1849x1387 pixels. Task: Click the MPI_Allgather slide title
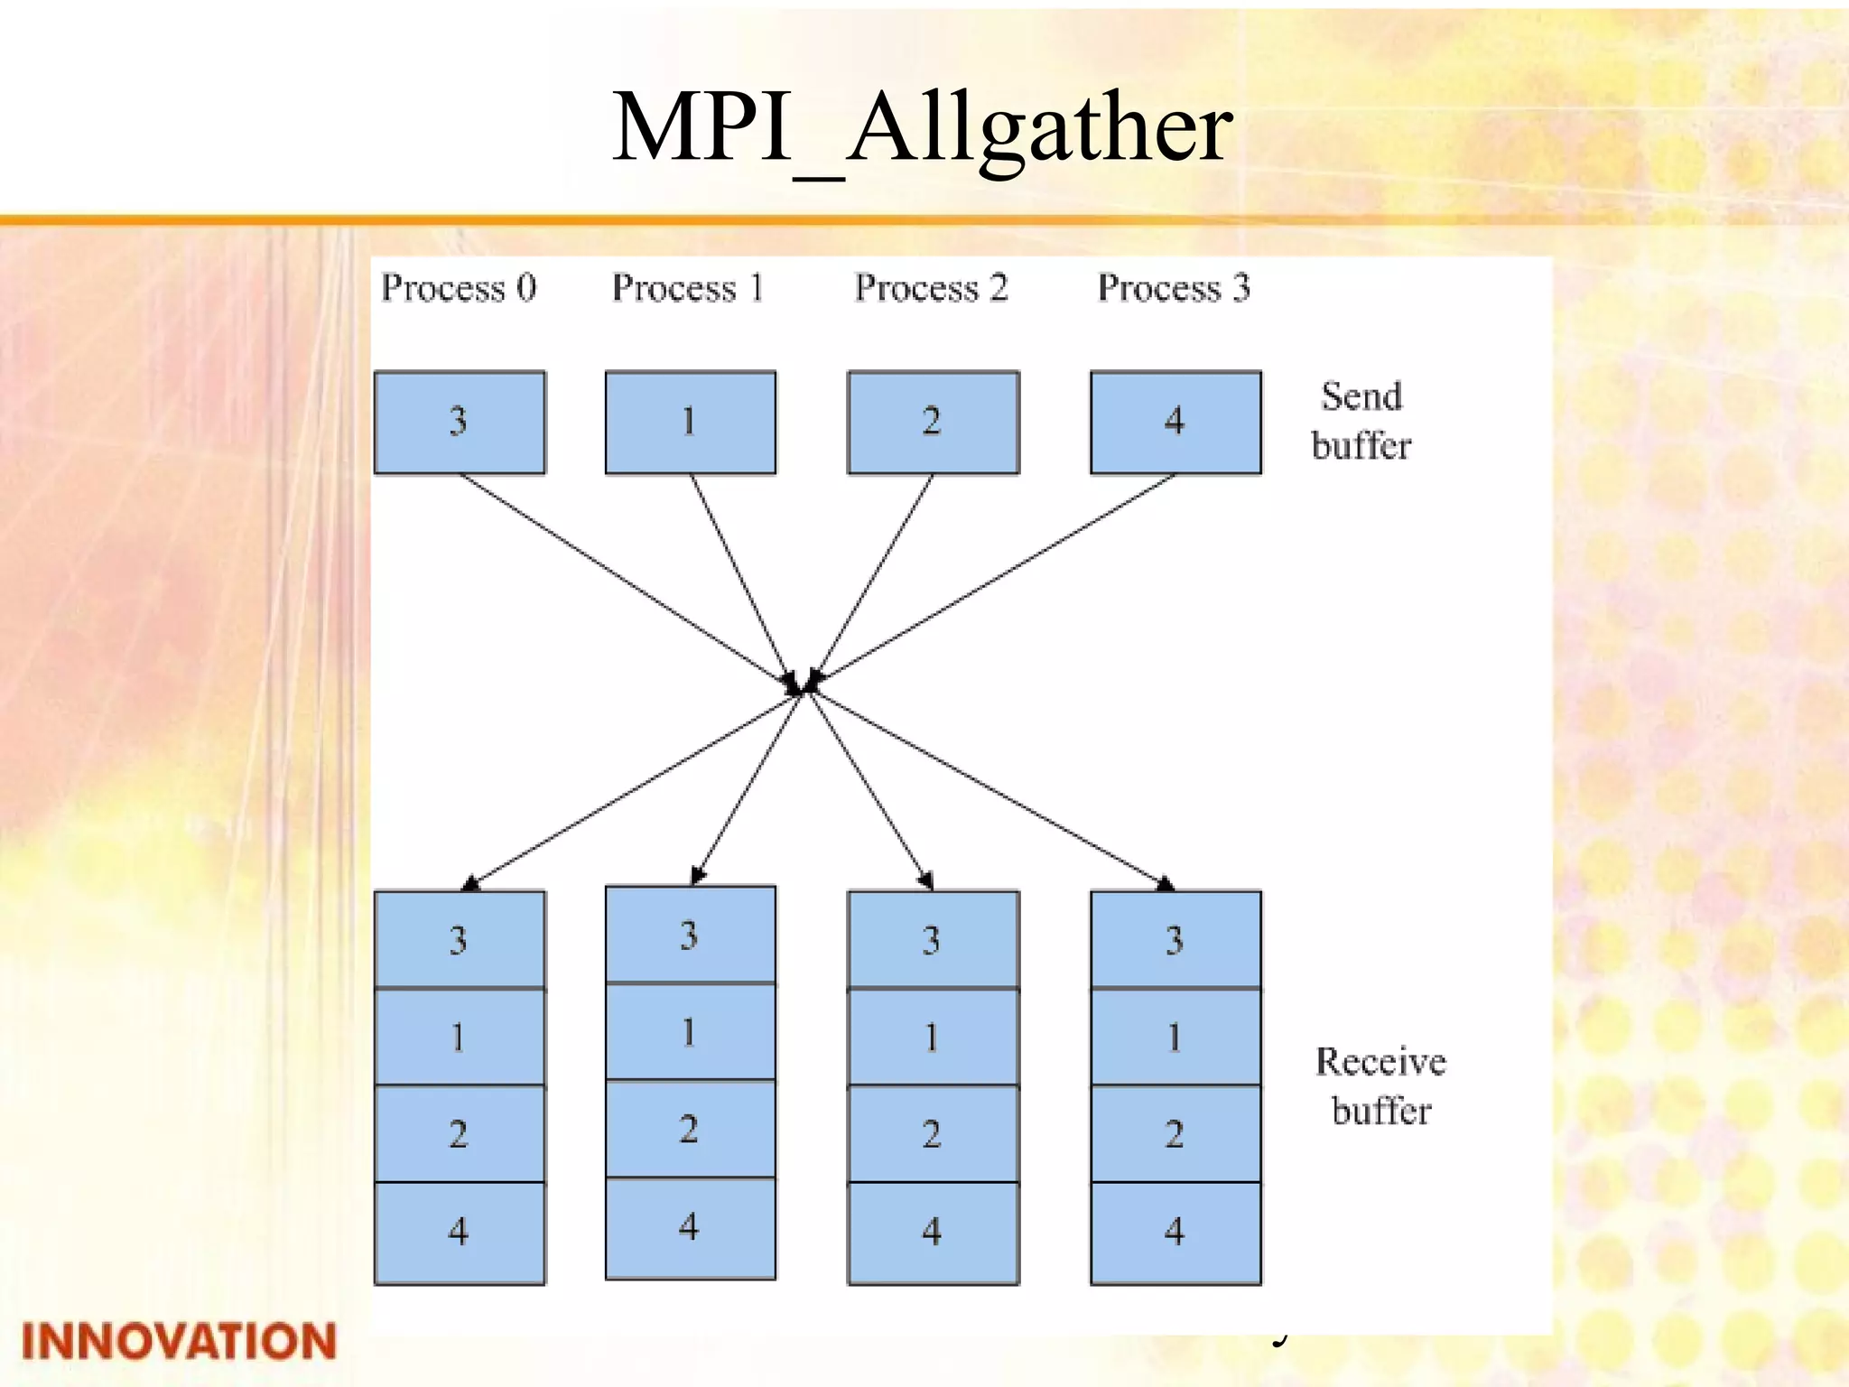point(923,128)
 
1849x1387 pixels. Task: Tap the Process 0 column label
point(459,288)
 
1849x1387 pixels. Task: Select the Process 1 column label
point(688,288)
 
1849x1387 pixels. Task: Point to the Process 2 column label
point(931,288)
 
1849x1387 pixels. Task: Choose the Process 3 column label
point(1174,288)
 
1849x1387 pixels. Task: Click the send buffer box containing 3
point(460,422)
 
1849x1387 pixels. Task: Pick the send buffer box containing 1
point(690,422)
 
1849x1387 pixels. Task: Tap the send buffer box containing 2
point(933,422)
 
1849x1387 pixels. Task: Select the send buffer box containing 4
point(1175,422)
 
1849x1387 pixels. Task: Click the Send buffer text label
point(1361,421)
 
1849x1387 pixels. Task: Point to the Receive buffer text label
point(1380,1085)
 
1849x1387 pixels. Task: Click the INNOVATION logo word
point(179,1341)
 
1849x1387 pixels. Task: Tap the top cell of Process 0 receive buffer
point(460,939)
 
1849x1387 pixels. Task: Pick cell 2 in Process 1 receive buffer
point(690,1129)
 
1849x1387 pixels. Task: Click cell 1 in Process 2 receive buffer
point(933,1037)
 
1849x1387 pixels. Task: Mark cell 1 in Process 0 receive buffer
point(460,1037)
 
